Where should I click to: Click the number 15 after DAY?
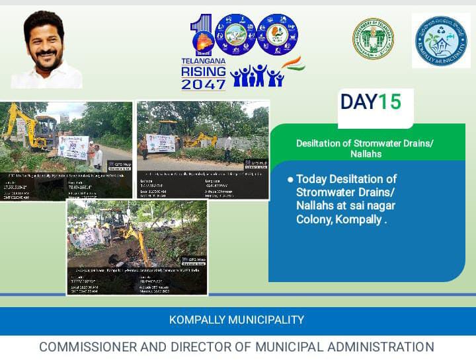click(x=390, y=102)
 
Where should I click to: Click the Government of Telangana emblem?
click(x=372, y=39)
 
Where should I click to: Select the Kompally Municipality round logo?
click(x=441, y=40)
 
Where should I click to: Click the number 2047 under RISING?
click(x=203, y=85)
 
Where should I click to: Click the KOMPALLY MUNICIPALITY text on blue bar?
click(x=237, y=320)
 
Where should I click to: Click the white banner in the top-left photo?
click(x=73, y=147)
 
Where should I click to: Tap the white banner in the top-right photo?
click(x=161, y=143)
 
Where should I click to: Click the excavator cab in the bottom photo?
click(x=114, y=221)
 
